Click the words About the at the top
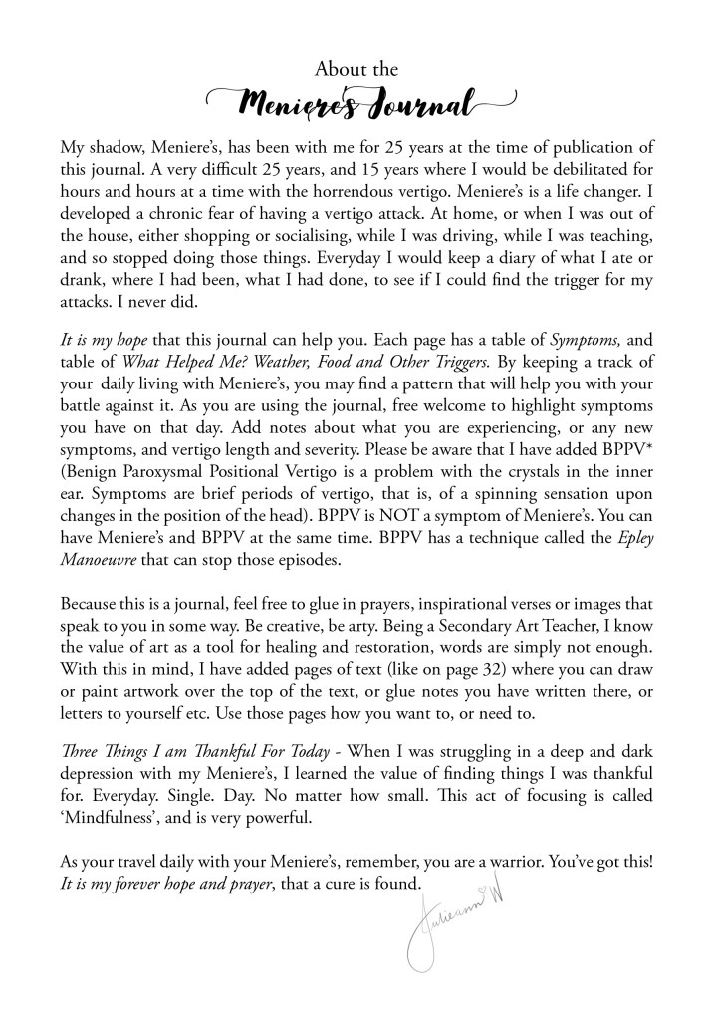pyautogui.click(x=356, y=69)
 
